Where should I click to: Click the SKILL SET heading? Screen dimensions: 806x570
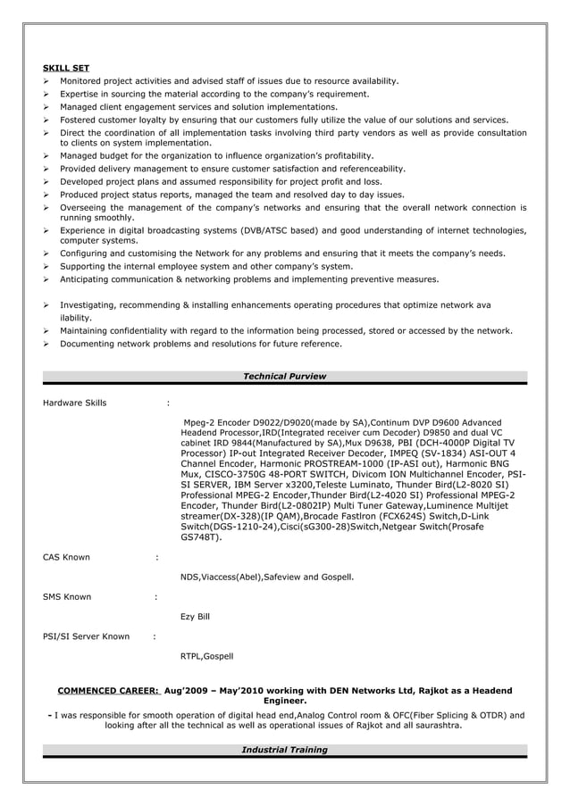pyautogui.click(x=66, y=68)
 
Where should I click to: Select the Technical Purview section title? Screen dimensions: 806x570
pyautogui.click(x=284, y=377)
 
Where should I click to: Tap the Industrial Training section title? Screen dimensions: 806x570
pyautogui.click(x=284, y=750)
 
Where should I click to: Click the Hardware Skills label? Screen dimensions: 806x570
pyautogui.click(x=74, y=403)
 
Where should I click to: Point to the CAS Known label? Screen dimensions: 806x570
pyautogui.click(x=66, y=557)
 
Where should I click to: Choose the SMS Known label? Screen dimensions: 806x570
pyautogui.click(x=67, y=596)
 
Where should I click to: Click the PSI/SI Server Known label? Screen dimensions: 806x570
pyautogui.click(x=86, y=636)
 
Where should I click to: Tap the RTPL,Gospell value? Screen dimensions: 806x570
pyautogui.click(x=206, y=656)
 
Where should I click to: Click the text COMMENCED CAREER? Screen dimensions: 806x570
pyautogui.click(x=108, y=690)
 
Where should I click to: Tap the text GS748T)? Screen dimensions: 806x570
pyautogui.click(x=201, y=537)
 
